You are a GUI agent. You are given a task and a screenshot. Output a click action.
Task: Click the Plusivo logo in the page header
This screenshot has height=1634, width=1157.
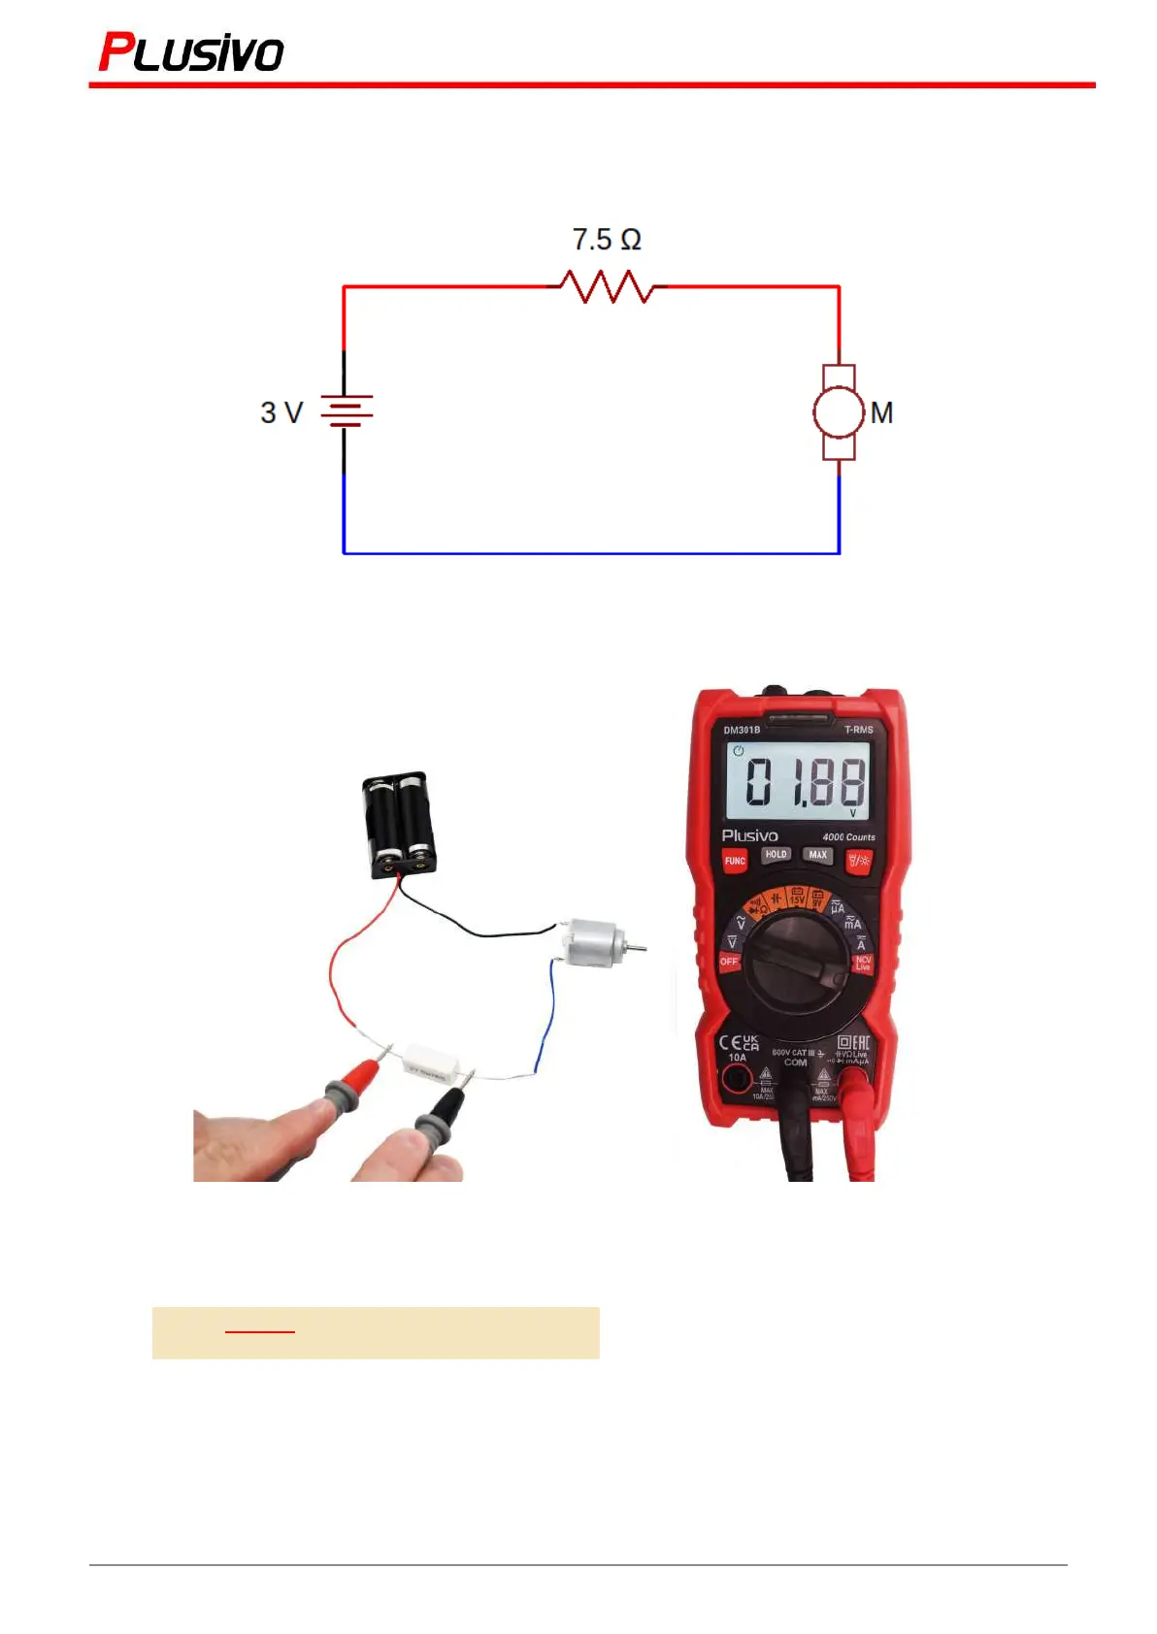tap(191, 52)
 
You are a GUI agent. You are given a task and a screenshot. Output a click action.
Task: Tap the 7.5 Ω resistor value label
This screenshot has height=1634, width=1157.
tap(607, 239)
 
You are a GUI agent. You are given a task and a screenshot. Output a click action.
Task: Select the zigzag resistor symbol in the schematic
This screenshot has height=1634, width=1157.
tap(608, 287)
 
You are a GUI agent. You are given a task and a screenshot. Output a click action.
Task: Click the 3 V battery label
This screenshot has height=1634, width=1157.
tap(281, 412)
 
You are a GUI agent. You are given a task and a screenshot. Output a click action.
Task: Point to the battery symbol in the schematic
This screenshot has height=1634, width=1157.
tap(346, 411)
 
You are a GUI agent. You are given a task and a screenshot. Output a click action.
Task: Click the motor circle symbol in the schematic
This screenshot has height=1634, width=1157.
tap(838, 412)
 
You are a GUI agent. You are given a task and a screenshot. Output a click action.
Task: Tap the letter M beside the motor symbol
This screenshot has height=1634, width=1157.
tap(881, 413)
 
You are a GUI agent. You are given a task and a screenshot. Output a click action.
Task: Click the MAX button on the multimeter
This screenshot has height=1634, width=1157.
tap(818, 855)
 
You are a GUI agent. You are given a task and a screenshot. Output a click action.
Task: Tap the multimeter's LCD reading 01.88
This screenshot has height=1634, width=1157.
tap(798, 782)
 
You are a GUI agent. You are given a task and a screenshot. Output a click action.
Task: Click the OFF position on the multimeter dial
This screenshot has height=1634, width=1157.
tap(729, 961)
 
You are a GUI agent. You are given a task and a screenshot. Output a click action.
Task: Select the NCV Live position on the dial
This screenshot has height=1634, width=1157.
tap(862, 963)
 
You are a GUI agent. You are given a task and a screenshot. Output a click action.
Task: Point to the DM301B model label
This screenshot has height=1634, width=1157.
tap(742, 730)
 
